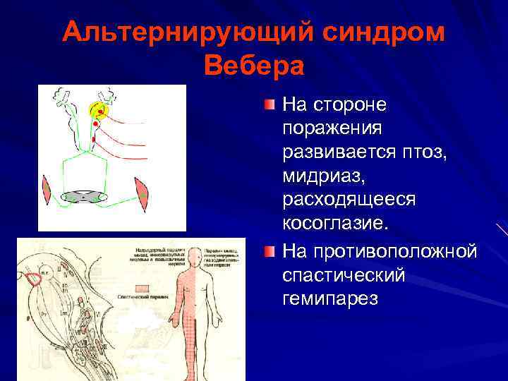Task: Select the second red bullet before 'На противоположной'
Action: tap(270, 251)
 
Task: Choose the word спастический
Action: tap(344, 274)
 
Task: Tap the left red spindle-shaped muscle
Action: tap(47, 190)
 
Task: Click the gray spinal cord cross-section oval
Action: tap(83, 197)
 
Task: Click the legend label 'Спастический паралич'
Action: tap(142, 298)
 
